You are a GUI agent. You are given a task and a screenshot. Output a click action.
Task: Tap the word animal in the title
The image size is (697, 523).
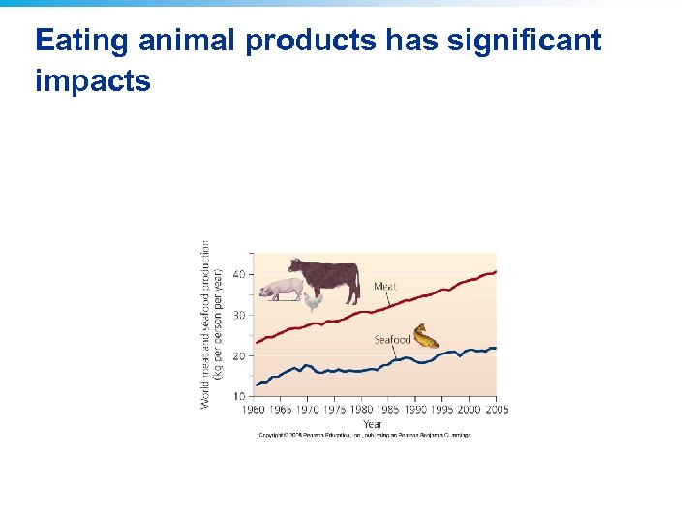coord(184,41)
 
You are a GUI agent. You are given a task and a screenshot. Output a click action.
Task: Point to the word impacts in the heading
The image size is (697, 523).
coord(93,80)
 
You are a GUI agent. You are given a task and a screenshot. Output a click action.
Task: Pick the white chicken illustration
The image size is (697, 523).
coord(313,301)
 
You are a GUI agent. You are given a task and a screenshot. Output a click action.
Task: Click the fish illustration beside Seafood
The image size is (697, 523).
coord(426,337)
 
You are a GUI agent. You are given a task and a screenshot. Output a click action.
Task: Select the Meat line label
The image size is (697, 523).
coord(385,287)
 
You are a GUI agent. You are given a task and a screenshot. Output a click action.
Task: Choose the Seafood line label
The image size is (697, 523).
coord(392,340)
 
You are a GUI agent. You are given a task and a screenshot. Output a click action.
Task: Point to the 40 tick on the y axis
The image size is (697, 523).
coord(238,275)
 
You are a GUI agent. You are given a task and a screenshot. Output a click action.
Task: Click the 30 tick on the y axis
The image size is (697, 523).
coord(238,316)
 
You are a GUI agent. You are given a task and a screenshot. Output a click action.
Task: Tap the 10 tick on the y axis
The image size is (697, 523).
coord(238,397)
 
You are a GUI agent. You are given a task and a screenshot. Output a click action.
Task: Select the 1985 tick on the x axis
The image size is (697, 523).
coord(387,410)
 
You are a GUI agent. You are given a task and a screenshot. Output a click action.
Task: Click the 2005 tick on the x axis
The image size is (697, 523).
coord(496,410)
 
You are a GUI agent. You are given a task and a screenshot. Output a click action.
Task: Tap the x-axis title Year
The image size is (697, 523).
coord(373,423)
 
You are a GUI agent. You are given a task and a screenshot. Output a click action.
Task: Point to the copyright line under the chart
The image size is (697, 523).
coord(364,435)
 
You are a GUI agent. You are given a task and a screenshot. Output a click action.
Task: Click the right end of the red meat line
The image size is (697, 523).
coord(495,272)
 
